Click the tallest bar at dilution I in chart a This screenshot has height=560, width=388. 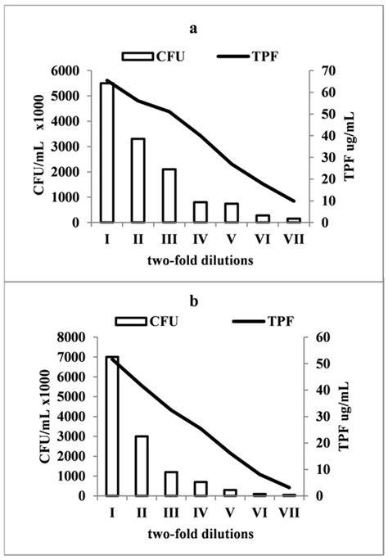[x=106, y=152]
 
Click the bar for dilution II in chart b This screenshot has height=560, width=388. [x=141, y=465]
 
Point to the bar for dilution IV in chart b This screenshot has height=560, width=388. [x=201, y=488]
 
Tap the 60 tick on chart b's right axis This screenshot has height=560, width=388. [x=323, y=337]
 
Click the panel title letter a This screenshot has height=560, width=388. [x=193, y=29]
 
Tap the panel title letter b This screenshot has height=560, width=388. [x=194, y=300]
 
